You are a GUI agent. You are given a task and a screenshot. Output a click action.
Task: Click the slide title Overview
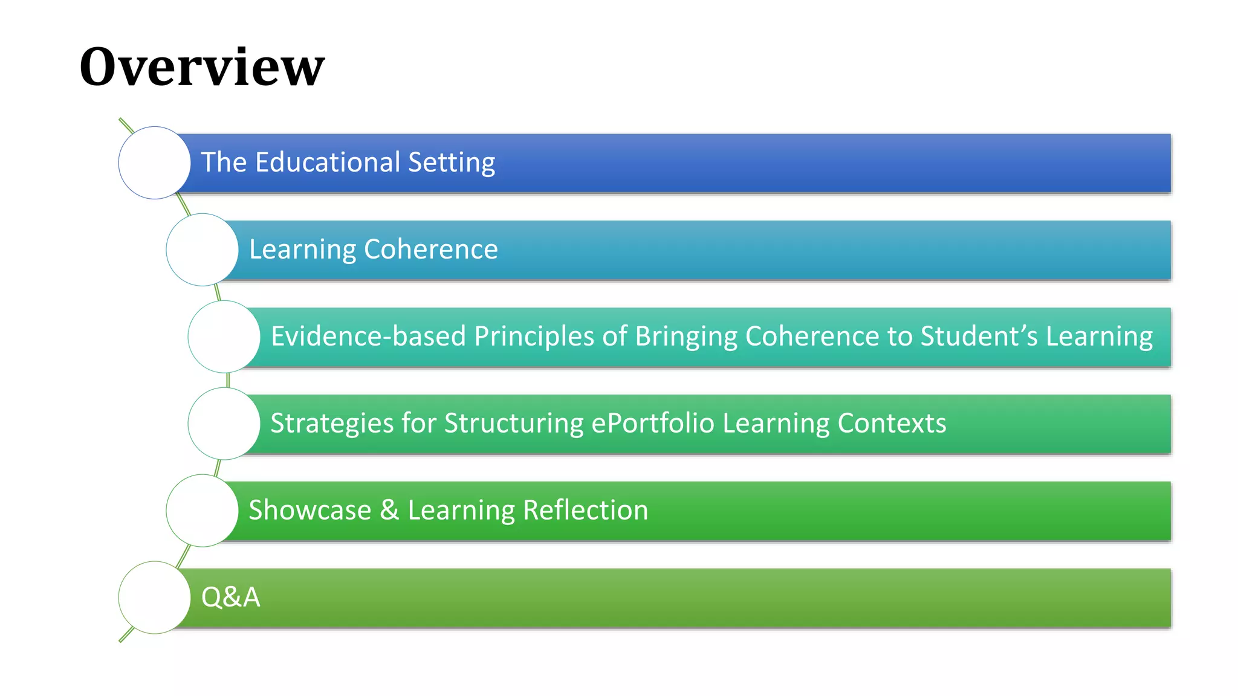click(x=202, y=66)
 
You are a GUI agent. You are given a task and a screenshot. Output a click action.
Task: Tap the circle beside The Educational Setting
click(x=155, y=163)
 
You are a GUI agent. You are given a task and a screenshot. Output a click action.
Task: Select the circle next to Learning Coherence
click(x=203, y=250)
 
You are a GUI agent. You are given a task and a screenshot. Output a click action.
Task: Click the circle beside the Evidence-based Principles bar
click(x=224, y=337)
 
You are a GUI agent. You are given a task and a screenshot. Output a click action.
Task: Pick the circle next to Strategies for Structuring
click(x=224, y=424)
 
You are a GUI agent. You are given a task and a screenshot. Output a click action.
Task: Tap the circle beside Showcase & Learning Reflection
click(x=203, y=511)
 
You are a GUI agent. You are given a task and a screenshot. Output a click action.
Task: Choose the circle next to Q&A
click(x=155, y=598)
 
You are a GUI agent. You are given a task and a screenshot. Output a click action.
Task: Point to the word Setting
click(x=452, y=163)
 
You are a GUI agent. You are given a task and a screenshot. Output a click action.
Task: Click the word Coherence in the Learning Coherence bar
click(x=431, y=250)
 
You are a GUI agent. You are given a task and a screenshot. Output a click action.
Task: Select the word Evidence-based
click(x=368, y=337)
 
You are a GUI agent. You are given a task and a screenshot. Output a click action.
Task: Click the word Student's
click(x=979, y=337)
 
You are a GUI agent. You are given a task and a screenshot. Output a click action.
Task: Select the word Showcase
click(x=309, y=511)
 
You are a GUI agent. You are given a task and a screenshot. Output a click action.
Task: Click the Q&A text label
click(x=230, y=598)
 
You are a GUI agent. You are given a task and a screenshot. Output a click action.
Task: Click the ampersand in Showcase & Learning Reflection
click(x=389, y=511)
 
